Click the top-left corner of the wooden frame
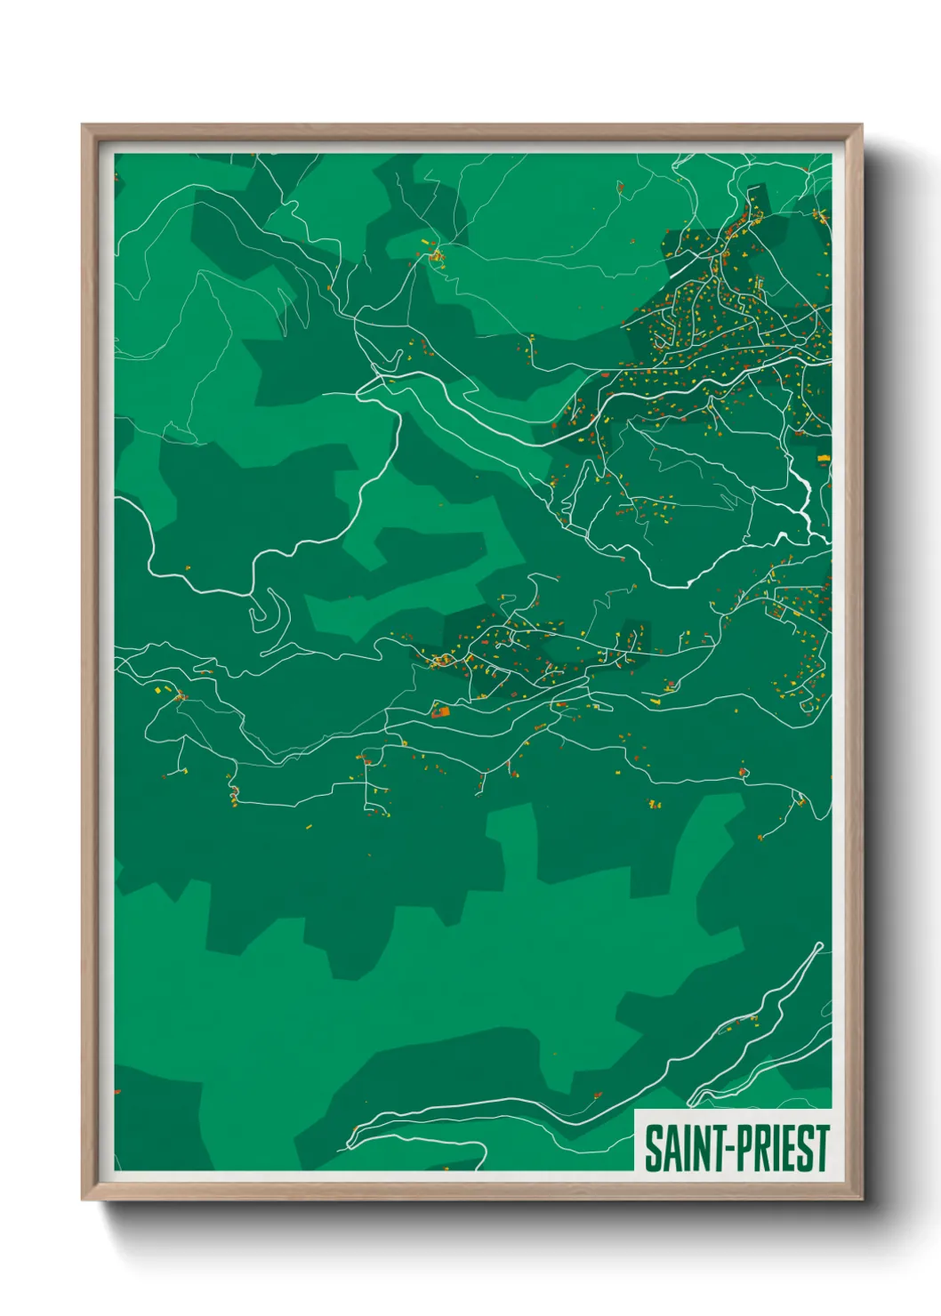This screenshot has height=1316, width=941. click(x=83, y=125)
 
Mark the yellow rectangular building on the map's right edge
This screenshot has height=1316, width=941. click(x=824, y=458)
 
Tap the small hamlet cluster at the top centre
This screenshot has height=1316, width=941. click(x=435, y=255)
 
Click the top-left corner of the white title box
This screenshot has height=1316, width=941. click(x=635, y=1111)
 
